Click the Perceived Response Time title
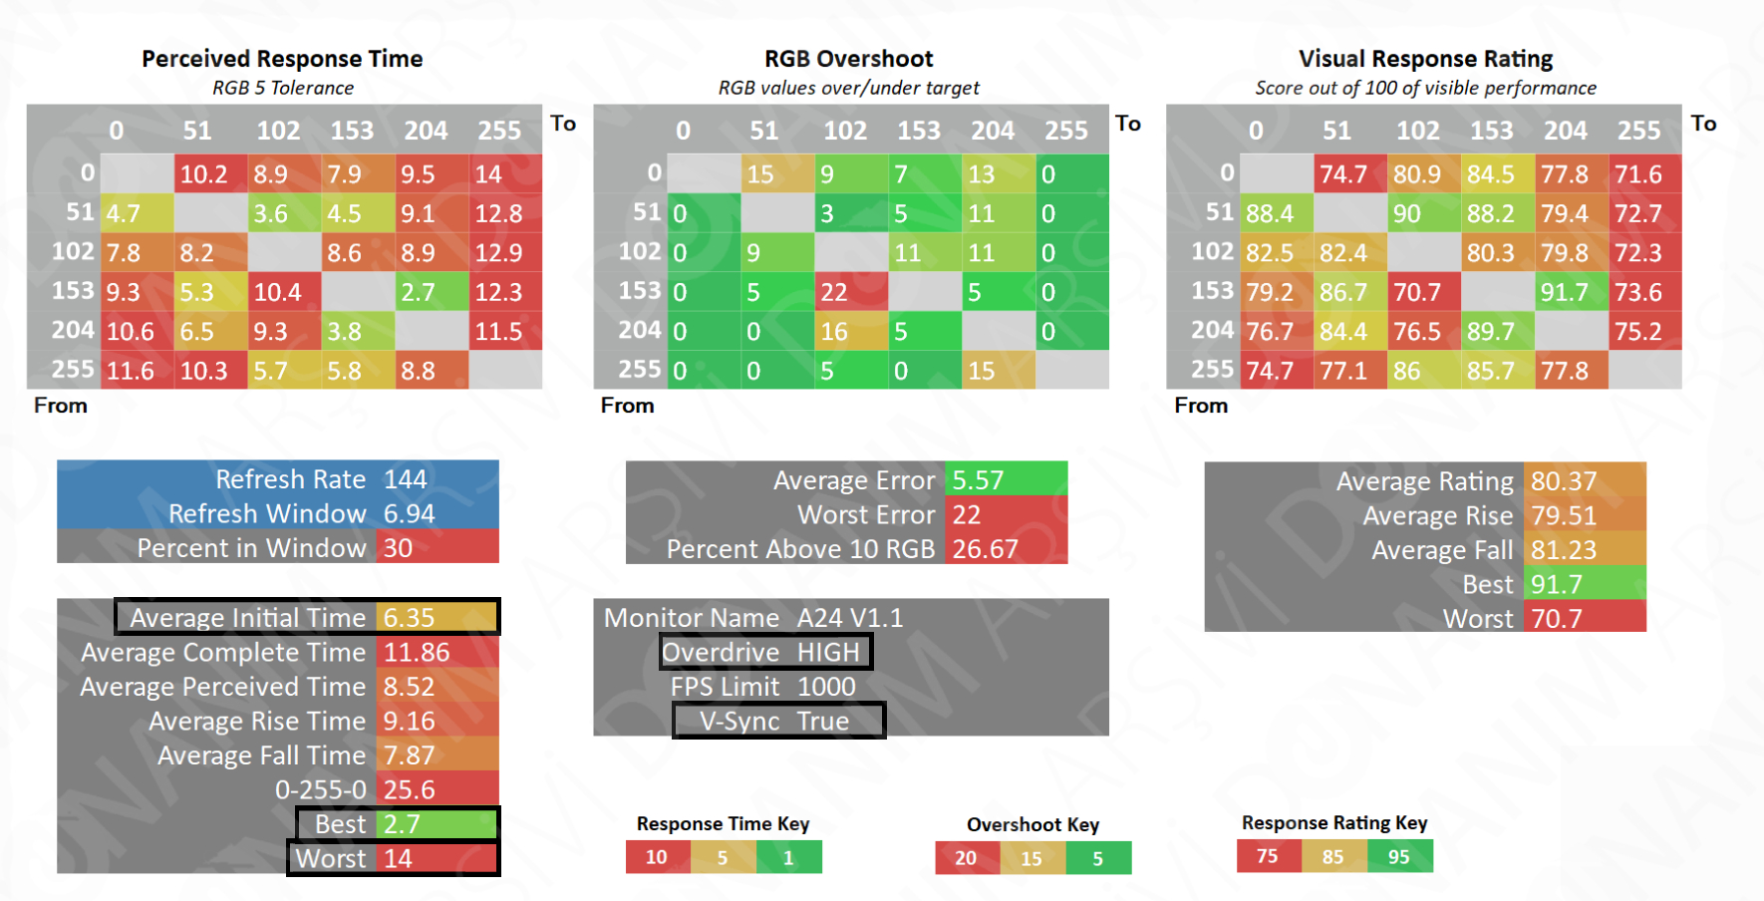[x=282, y=59]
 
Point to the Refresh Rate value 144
[x=406, y=479]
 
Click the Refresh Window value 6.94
[x=410, y=513]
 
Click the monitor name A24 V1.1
[x=850, y=618]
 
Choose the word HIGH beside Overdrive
[x=828, y=652]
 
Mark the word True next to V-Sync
[x=823, y=721]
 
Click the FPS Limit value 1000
[x=826, y=687]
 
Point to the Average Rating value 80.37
[x=1564, y=481]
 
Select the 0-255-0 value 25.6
[x=410, y=789]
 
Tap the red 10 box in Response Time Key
[x=657, y=857]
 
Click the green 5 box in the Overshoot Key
[x=1097, y=858]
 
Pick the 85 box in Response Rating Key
[x=1333, y=856]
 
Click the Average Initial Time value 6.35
[x=410, y=618]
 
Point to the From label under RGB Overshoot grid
[x=627, y=406]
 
